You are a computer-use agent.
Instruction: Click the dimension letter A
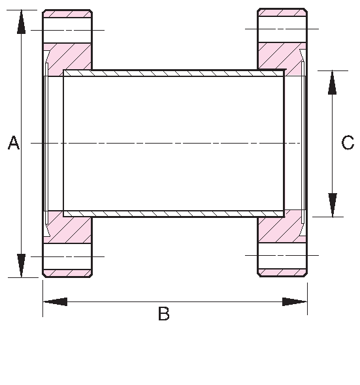[x=13, y=143]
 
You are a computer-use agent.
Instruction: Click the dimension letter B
[x=164, y=314]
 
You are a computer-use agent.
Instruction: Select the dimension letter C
[x=348, y=143]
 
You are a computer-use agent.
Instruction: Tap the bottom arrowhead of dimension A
[x=22, y=265]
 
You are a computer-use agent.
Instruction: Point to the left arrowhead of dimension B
[x=56, y=301]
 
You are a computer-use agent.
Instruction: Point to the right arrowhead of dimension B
[x=295, y=301]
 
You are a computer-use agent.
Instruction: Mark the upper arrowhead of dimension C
[x=333, y=82]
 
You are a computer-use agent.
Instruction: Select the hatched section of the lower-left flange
[x=69, y=228]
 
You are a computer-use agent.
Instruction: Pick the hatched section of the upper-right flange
[x=280, y=55]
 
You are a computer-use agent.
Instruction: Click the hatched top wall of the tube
[x=173, y=73]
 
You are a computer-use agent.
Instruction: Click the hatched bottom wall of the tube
[x=173, y=213]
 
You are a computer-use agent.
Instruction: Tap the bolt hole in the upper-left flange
[x=67, y=30]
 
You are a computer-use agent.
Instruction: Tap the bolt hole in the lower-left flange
[x=67, y=256]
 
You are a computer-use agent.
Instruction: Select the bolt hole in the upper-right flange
[x=282, y=29]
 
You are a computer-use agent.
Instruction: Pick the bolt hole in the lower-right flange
[x=282, y=255]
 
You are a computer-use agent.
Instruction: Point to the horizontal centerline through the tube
[x=173, y=143]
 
